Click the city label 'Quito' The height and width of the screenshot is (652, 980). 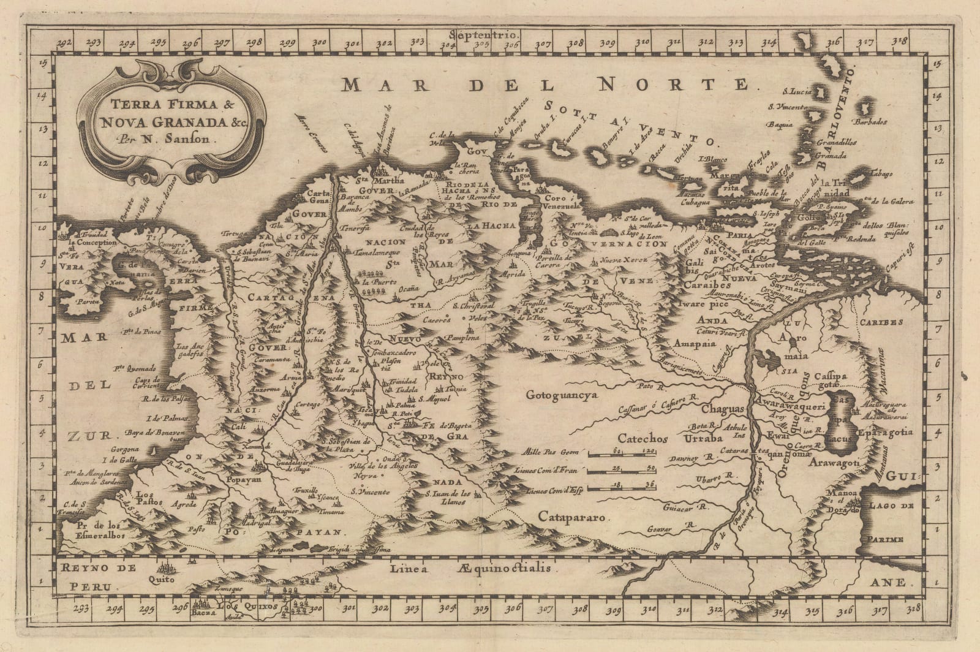coord(162,578)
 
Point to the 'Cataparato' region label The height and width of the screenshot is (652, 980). coord(573,517)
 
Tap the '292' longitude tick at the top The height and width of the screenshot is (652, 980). coord(64,43)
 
